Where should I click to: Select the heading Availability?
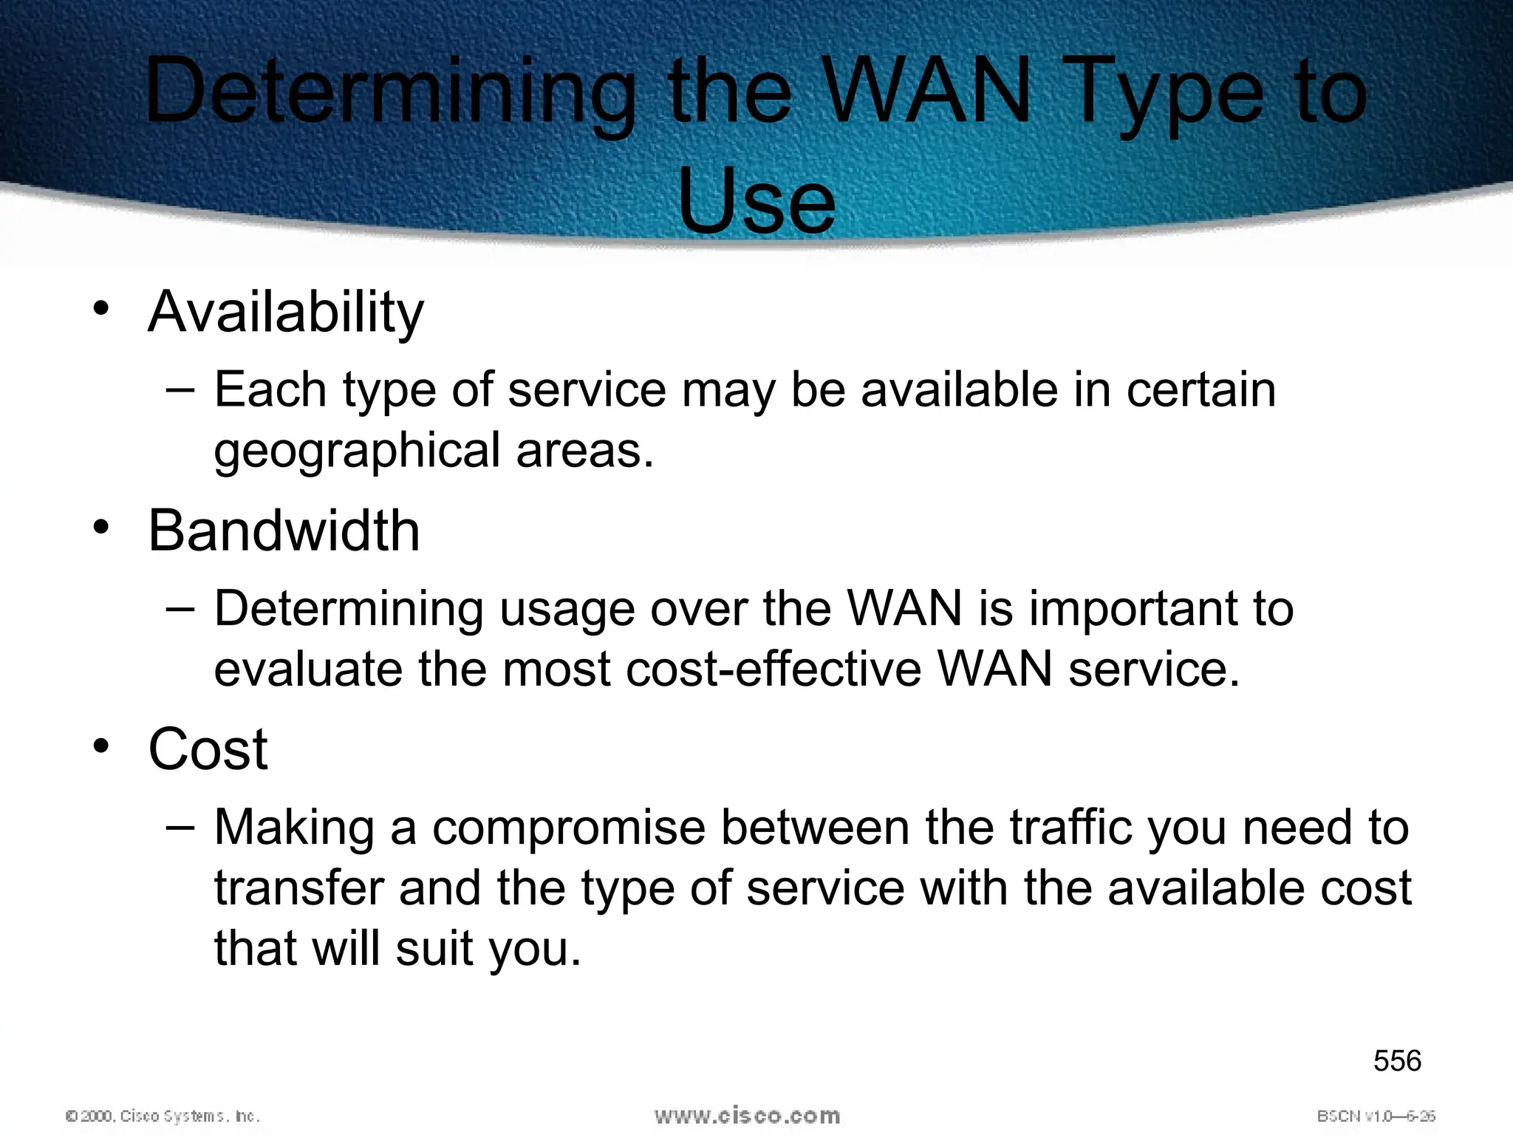pyautogui.click(x=286, y=313)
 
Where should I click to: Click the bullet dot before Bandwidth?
pyautogui.click(x=101, y=528)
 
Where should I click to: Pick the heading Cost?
pyautogui.click(x=208, y=749)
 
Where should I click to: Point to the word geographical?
pyautogui.click(x=358, y=451)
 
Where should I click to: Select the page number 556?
pyautogui.click(x=1397, y=1061)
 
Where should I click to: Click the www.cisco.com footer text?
pyautogui.click(x=747, y=1115)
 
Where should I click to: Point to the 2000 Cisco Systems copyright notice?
pyautogui.click(x=163, y=1116)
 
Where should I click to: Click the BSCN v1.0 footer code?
pyautogui.click(x=1376, y=1116)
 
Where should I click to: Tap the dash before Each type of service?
pyautogui.click(x=181, y=389)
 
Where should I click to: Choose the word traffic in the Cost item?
pyautogui.click(x=1070, y=827)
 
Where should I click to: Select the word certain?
pyautogui.click(x=1201, y=389)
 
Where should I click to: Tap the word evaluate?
pyautogui.click(x=308, y=669)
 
